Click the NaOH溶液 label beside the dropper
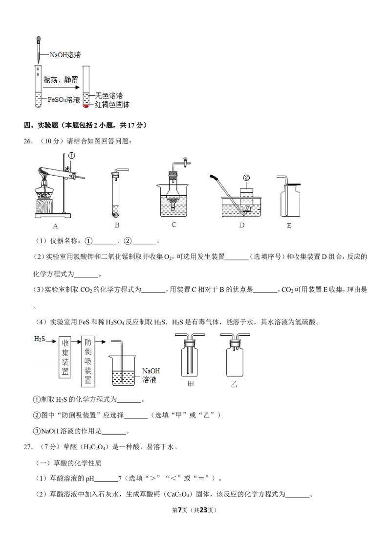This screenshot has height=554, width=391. click(x=65, y=55)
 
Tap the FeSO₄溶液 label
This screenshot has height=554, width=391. click(x=64, y=100)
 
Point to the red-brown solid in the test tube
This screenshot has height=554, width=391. click(x=86, y=106)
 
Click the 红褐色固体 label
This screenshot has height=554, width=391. click(x=112, y=105)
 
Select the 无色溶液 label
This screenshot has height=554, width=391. click(x=109, y=96)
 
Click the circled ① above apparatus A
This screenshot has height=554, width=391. click(x=72, y=156)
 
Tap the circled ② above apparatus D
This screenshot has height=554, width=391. click(x=246, y=178)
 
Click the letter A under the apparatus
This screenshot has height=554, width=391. click(x=55, y=226)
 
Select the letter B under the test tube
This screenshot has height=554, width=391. click(x=117, y=225)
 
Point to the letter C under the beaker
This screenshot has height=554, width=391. click(x=174, y=225)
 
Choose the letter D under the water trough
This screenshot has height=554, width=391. click(x=242, y=225)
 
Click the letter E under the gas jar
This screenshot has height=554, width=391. click(x=289, y=226)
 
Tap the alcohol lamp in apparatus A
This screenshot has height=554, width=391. click(x=44, y=191)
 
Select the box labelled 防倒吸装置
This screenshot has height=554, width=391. click(x=88, y=361)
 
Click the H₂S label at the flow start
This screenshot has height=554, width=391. click(x=40, y=339)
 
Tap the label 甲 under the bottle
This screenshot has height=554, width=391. click(x=190, y=384)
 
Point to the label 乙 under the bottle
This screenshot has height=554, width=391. click(x=234, y=384)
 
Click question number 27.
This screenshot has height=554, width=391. click(x=28, y=447)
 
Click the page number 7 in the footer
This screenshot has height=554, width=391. click(x=180, y=510)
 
